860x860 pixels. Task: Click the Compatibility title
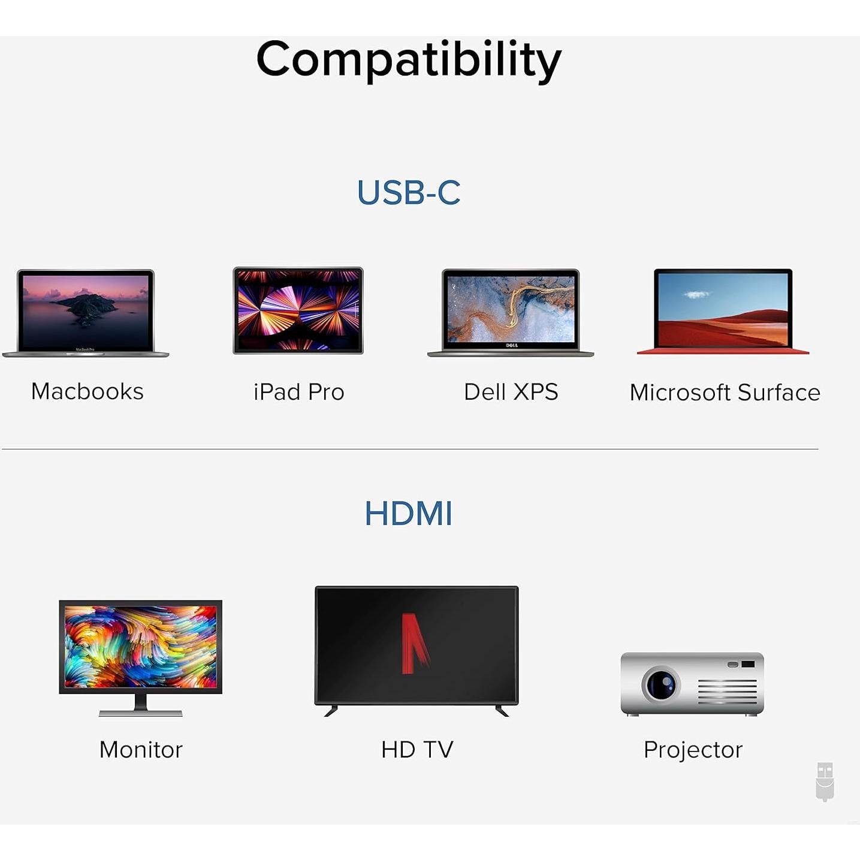coord(409,60)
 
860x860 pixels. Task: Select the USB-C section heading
coord(409,192)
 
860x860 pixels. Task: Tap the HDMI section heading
coord(409,514)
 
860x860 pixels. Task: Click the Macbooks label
coord(87,391)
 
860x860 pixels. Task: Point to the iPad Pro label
coord(298,392)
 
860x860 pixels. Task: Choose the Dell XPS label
coord(511,392)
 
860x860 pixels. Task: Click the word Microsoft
coord(680,393)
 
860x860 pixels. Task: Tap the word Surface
coord(778,393)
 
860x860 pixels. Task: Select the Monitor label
coord(141,750)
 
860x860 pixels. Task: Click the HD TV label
coord(417,749)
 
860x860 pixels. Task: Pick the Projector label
coord(693,750)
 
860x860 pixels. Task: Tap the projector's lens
coord(661,684)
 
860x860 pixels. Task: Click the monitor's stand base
coord(141,713)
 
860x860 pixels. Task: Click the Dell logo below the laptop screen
coord(511,345)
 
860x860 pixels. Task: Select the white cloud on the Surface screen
coord(696,294)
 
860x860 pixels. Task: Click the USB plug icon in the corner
coord(825,781)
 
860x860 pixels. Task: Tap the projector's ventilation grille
coord(727,692)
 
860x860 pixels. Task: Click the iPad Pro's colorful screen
coord(298,310)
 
